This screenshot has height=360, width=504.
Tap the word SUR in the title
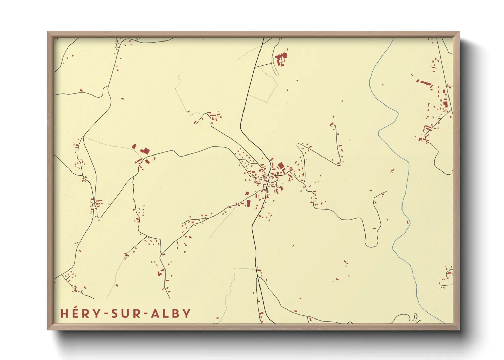point(125,313)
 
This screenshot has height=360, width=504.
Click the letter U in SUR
point(125,313)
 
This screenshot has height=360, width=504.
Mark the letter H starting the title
point(64,313)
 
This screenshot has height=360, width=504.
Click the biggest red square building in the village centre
point(281,166)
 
